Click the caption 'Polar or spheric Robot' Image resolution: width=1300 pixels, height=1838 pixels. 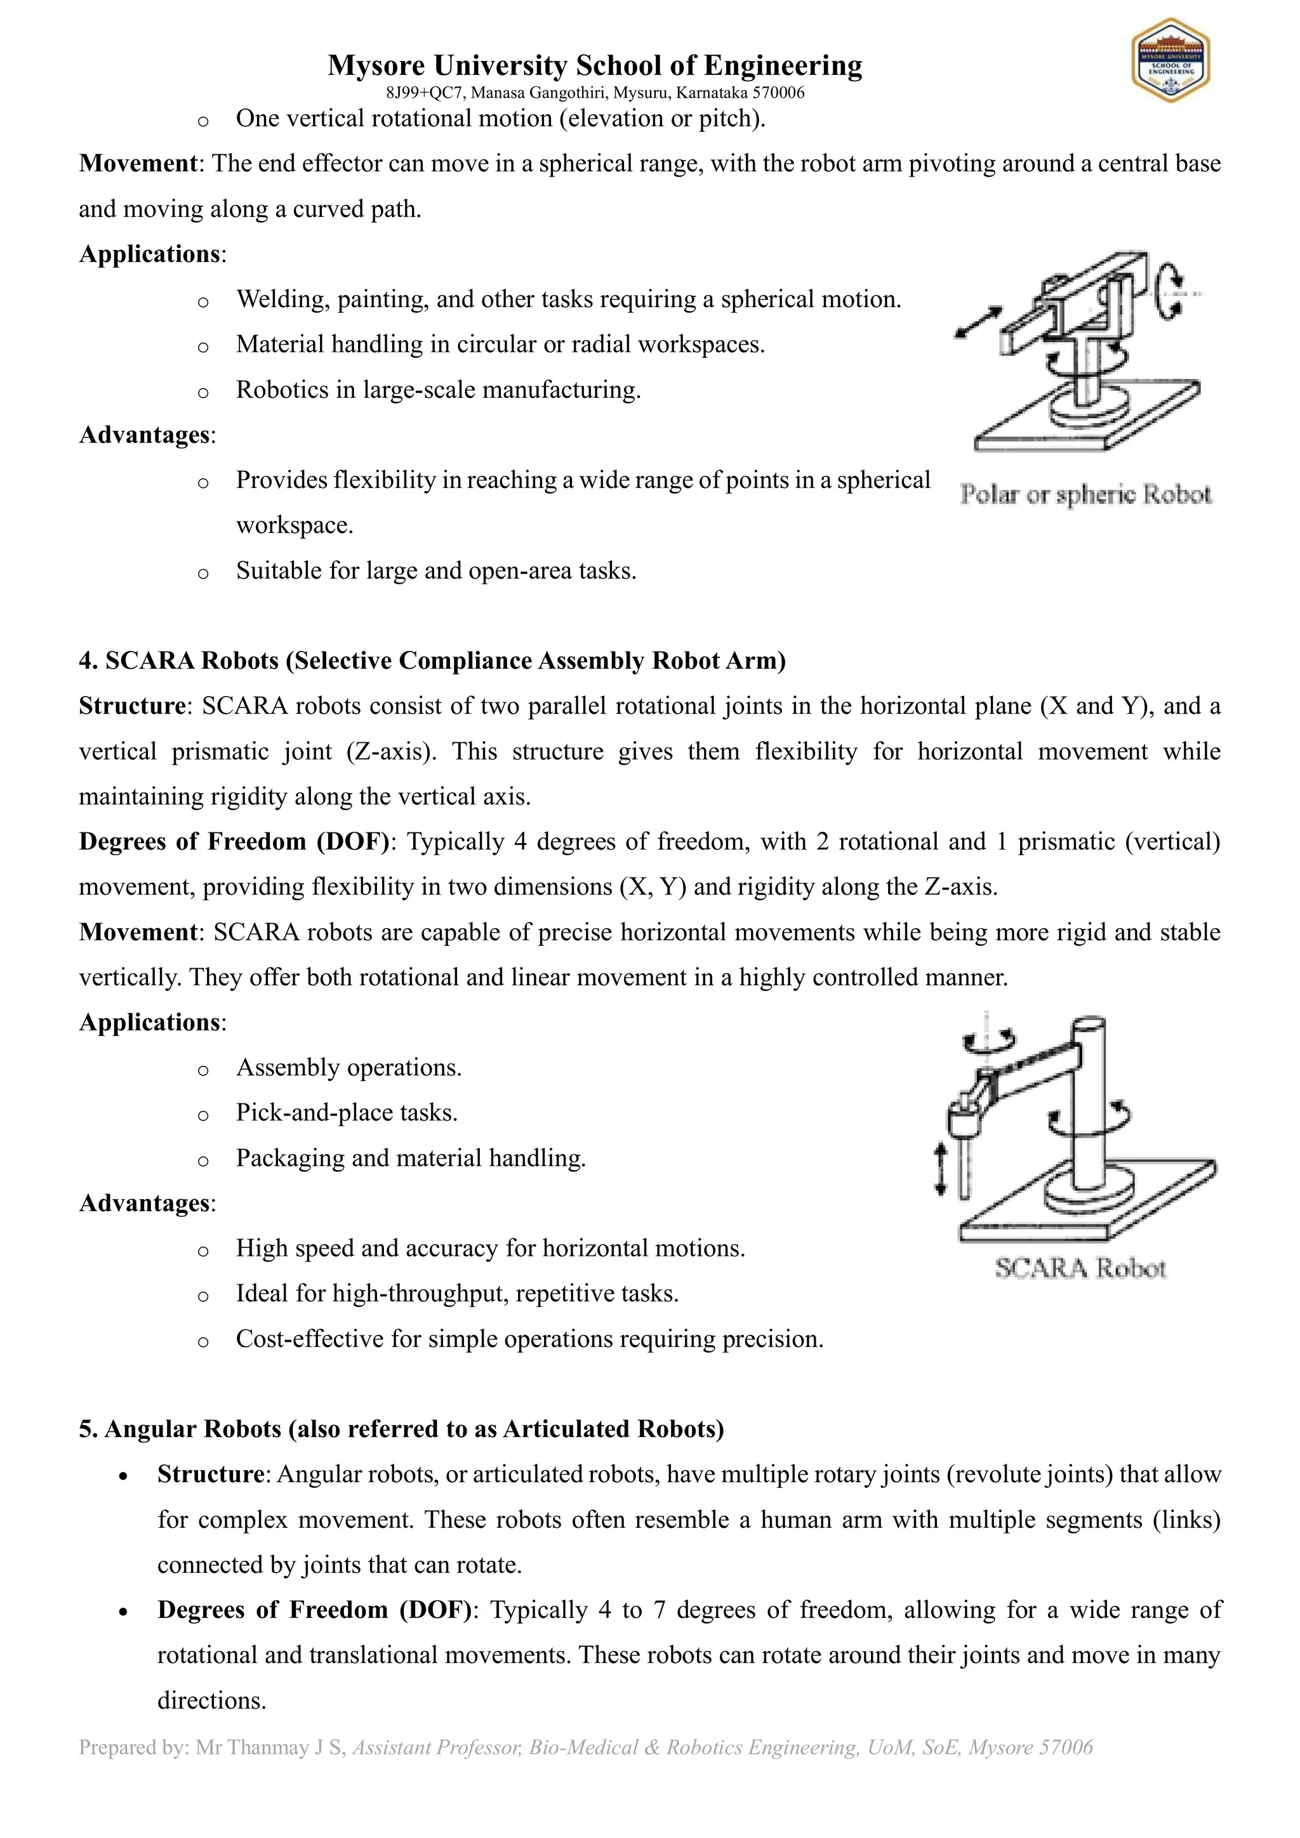[1085, 495]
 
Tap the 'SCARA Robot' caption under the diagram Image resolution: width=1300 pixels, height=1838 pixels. [1080, 1268]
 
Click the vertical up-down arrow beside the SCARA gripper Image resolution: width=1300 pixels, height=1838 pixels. [941, 1169]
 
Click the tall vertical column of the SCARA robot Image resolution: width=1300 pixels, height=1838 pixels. [1088, 1105]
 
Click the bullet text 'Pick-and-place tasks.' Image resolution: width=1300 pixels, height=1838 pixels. [346, 1113]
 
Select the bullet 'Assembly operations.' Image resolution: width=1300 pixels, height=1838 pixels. [348, 1068]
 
